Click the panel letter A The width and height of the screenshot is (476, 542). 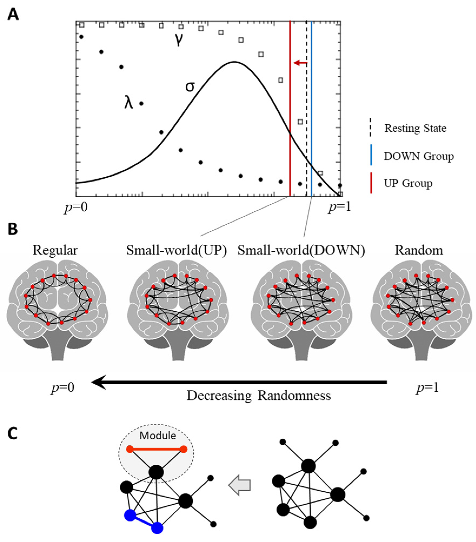click(x=13, y=14)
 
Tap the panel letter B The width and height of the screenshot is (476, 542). click(x=13, y=229)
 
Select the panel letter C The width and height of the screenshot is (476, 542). click(x=13, y=434)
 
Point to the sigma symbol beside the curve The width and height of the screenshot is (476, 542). click(x=190, y=87)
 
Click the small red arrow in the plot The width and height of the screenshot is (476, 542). click(x=300, y=63)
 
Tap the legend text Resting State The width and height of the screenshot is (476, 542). click(x=415, y=128)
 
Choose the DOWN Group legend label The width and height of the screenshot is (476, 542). click(x=419, y=156)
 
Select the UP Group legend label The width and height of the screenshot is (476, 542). click(x=408, y=183)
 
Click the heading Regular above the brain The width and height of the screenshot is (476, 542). click(x=55, y=250)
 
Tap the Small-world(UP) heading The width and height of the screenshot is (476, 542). click(x=177, y=250)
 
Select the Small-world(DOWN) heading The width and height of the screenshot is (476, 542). click(x=301, y=250)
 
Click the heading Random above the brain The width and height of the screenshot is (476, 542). click(x=419, y=250)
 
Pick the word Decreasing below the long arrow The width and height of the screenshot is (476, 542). click(x=219, y=396)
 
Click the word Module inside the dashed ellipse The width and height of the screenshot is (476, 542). click(x=158, y=436)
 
